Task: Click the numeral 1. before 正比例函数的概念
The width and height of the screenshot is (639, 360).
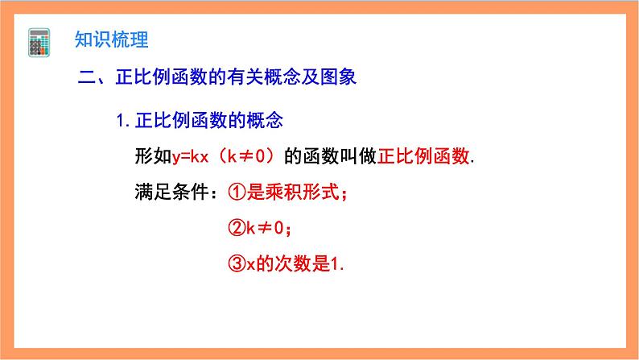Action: (x=122, y=121)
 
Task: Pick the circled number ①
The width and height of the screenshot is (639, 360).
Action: (x=235, y=192)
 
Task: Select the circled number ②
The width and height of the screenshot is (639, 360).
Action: (x=235, y=229)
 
